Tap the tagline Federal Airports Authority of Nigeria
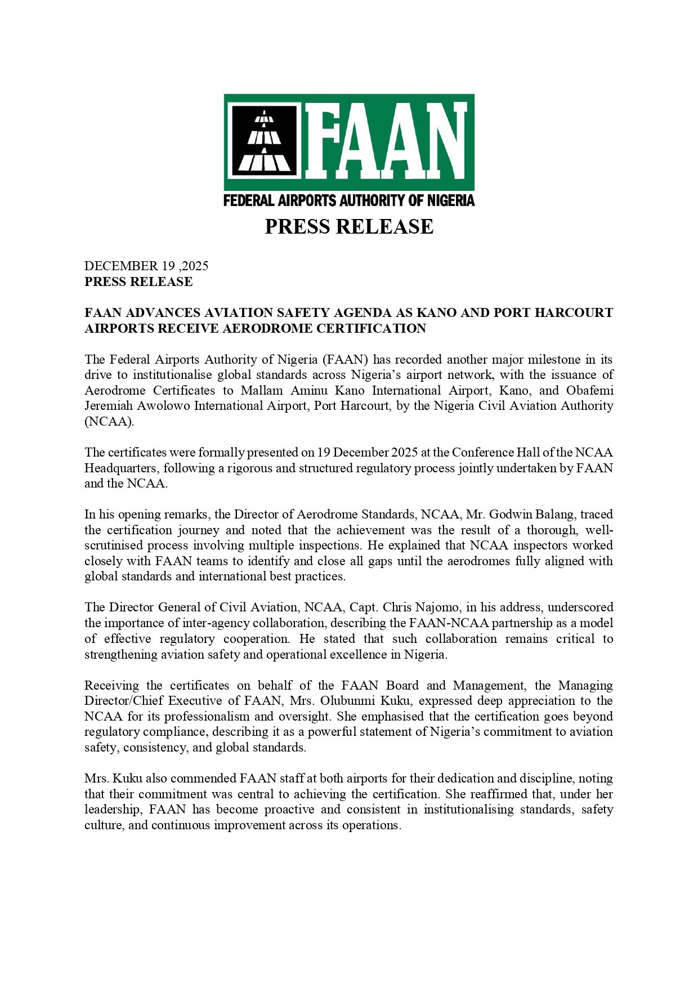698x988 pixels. click(x=349, y=200)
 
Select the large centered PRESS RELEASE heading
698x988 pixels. click(x=349, y=226)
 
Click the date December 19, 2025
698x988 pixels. click(x=146, y=266)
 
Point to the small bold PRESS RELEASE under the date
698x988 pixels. click(x=138, y=281)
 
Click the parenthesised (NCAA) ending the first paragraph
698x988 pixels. click(x=109, y=421)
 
